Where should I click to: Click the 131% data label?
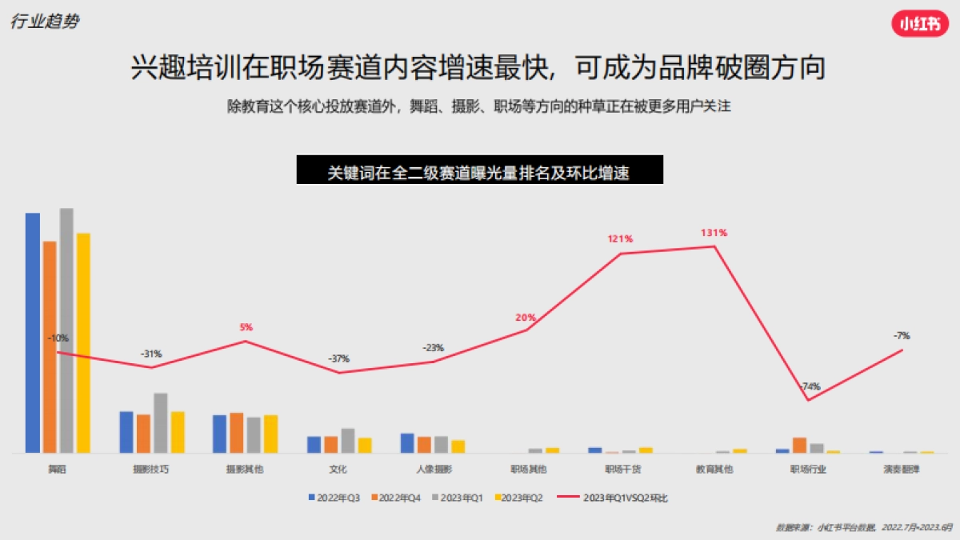[714, 233]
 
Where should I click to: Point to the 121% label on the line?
[620, 238]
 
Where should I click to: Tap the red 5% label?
[246, 327]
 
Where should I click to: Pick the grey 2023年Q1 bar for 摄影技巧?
[160, 423]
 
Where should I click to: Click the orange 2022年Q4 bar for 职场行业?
[799, 446]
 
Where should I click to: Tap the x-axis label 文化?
[338, 469]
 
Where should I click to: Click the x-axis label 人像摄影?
[434, 469]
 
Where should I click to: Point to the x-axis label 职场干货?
[622, 469]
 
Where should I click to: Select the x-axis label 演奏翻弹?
[904, 469]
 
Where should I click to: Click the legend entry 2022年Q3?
[334, 498]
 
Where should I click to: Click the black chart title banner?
[479, 171]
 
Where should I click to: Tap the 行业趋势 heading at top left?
[45, 22]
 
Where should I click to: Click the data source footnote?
[864, 528]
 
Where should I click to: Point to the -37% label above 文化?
[339, 358]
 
